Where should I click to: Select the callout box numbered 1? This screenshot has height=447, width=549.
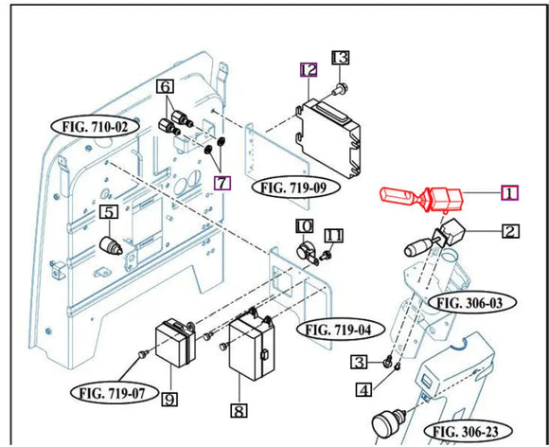pyautogui.click(x=509, y=193)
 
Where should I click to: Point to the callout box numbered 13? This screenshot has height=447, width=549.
pyautogui.click(x=341, y=57)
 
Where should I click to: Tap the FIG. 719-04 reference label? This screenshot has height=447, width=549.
pyautogui.click(x=336, y=330)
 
